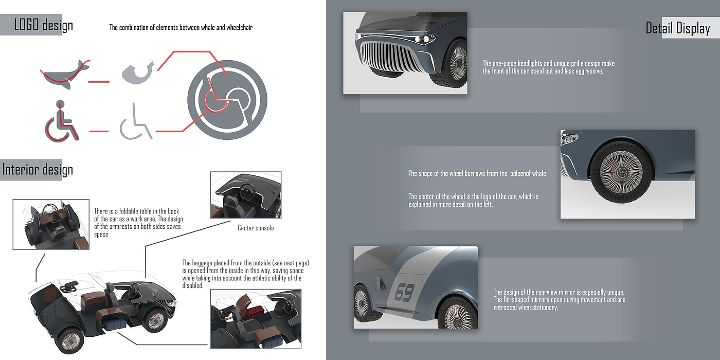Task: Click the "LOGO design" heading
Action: tap(43, 25)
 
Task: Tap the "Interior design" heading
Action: tap(38, 170)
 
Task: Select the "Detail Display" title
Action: tap(677, 28)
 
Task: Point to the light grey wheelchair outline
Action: tap(135, 122)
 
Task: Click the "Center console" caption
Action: tap(256, 228)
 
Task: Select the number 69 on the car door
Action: tap(404, 293)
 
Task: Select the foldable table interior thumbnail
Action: tap(51, 224)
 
